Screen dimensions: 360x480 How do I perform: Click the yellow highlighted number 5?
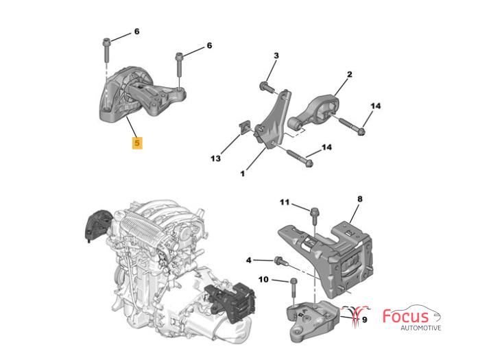[x=138, y=143]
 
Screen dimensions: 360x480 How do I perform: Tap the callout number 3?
[x=276, y=56]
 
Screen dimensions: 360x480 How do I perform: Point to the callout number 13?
[x=216, y=158]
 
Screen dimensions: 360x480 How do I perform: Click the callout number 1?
[x=242, y=173]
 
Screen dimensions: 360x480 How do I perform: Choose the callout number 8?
[x=359, y=199]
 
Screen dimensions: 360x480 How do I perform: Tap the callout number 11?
[x=285, y=202]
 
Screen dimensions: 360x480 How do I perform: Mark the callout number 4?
[x=249, y=260]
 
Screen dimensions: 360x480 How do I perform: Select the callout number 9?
[x=364, y=319]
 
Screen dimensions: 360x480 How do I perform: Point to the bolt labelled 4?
[x=280, y=261]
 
